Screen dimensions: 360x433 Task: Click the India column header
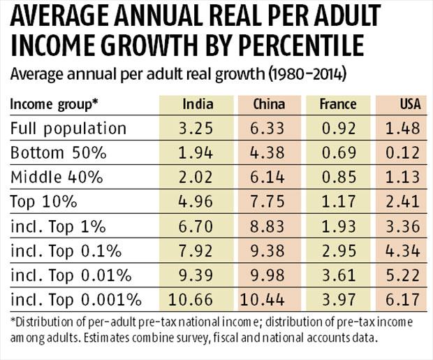click(x=198, y=104)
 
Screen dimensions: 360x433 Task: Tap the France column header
click(x=337, y=104)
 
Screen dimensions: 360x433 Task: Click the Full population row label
click(x=68, y=129)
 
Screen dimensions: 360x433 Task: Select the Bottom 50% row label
click(x=57, y=153)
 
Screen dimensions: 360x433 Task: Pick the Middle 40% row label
click(x=56, y=178)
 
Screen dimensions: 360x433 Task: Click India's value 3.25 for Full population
click(x=198, y=129)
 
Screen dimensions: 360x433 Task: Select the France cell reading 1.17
click(x=337, y=202)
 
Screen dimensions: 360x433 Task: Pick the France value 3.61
click(x=337, y=275)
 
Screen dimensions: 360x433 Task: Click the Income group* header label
click(x=54, y=104)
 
